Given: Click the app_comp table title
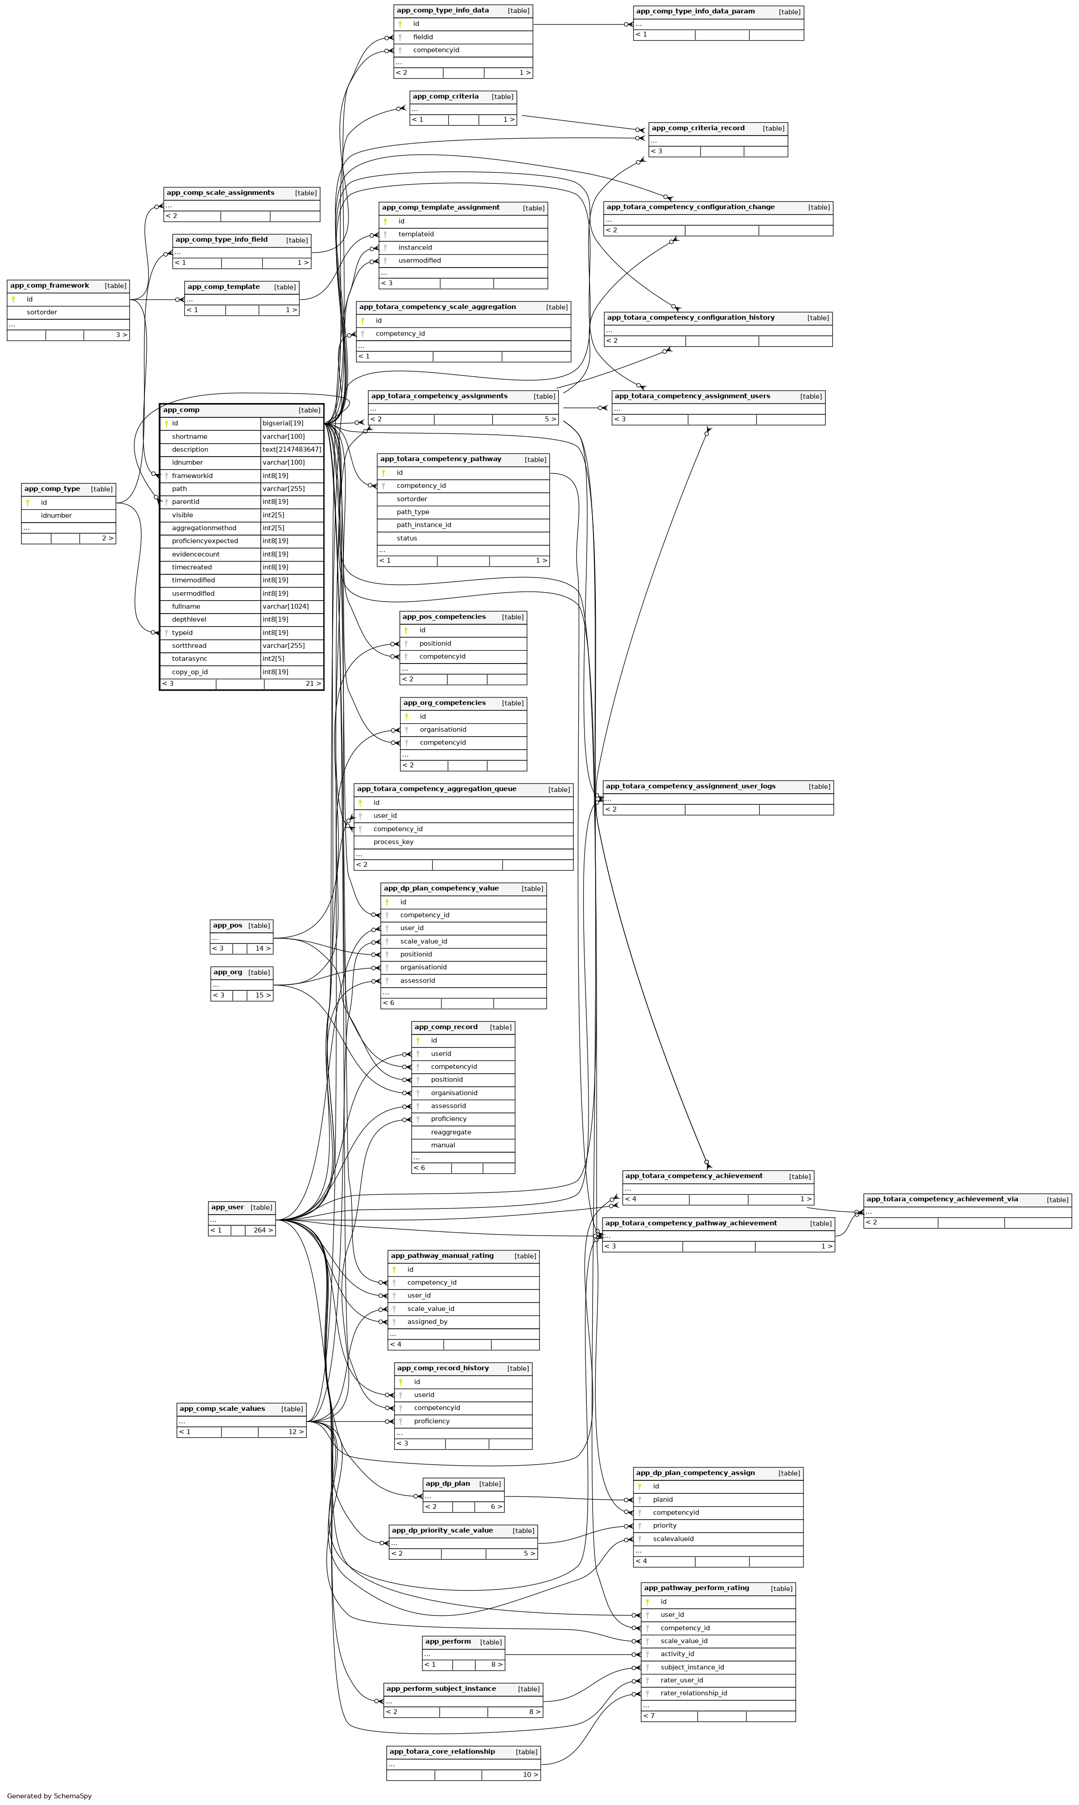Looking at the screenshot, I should point(182,410).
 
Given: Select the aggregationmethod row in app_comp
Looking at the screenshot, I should point(204,528).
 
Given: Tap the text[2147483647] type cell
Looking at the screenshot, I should point(292,449).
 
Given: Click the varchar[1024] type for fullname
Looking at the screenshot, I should point(286,606).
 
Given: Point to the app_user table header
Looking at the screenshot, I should point(227,1207).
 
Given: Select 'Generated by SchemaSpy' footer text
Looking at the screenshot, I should point(49,1796).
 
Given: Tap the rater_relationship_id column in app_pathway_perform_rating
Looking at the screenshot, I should point(694,1693).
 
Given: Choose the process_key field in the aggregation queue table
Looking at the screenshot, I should point(393,842).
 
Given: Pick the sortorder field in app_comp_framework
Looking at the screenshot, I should point(42,312).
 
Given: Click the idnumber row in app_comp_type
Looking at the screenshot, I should point(56,515).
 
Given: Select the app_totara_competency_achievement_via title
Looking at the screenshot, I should point(942,1199).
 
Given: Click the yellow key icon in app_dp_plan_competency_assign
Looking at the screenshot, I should point(640,1487).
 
